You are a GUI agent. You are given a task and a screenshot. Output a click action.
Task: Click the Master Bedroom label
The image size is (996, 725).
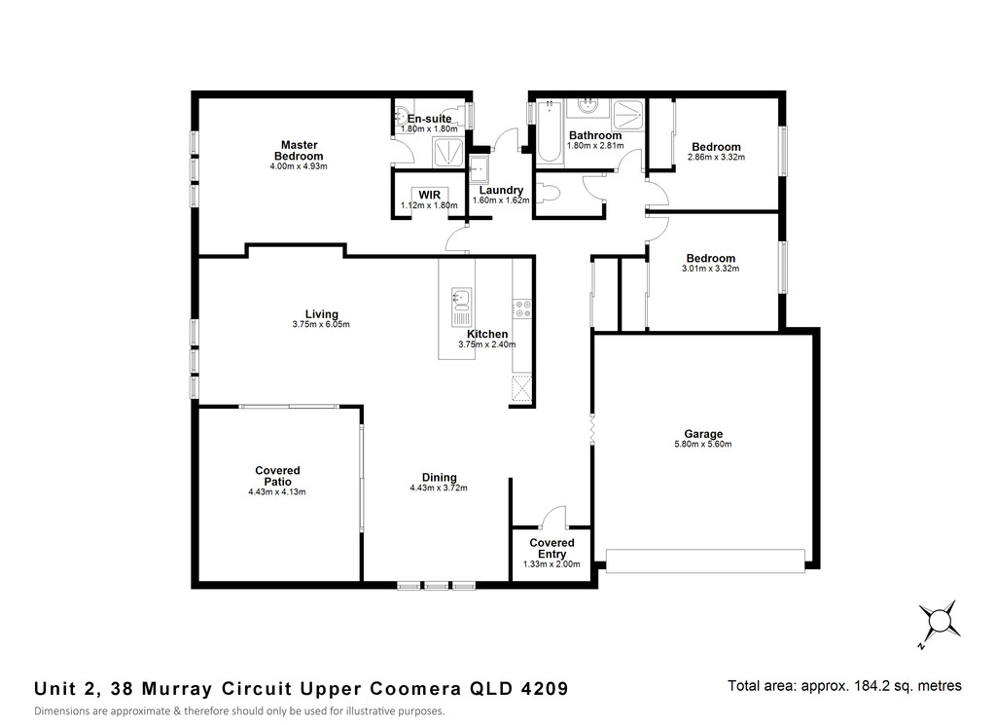[299, 151]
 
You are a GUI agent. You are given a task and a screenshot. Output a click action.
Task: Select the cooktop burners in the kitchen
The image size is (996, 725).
[522, 308]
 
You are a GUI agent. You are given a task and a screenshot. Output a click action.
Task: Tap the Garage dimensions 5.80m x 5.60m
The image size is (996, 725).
[702, 444]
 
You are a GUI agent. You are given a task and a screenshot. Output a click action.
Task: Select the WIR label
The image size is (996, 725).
[429, 195]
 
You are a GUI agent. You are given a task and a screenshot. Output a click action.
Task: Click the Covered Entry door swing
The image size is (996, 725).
[552, 517]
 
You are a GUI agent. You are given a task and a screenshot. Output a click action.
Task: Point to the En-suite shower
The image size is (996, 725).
[449, 152]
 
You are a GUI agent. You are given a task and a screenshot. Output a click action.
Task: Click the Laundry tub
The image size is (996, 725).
[479, 167]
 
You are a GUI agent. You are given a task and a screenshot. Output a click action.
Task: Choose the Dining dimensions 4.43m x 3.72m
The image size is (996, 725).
[439, 488]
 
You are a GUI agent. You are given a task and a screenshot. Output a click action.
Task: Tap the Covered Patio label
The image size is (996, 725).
[277, 476]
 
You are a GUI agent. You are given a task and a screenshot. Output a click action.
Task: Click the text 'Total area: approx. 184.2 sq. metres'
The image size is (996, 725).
[844, 686]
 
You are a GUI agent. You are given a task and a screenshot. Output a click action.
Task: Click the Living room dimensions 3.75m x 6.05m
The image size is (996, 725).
[321, 324]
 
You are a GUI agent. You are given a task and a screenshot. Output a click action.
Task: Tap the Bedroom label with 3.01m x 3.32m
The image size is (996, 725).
[711, 259]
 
